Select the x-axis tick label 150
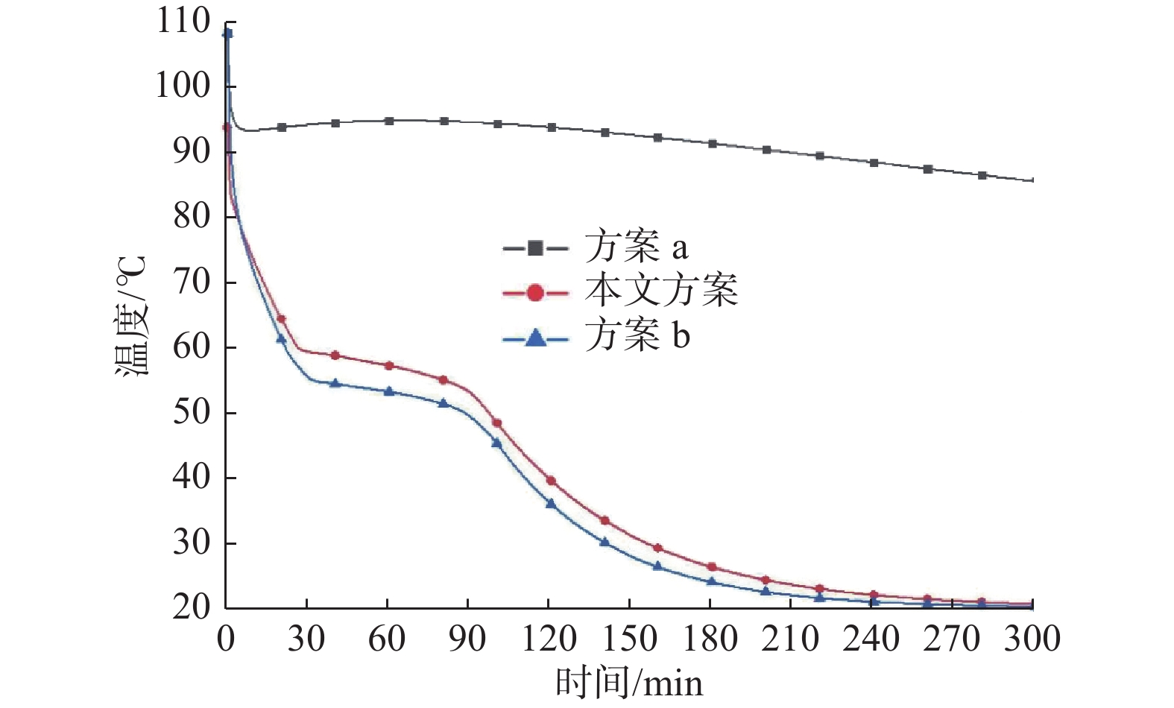pyautogui.click(x=629, y=639)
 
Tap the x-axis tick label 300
pyautogui.click(x=1032, y=639)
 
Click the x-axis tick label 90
pyautogui.click(x=467, y=639)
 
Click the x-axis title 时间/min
pyautogui.click(x=629, y=683)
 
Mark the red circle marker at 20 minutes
pyautogui.click(x=281, y=319)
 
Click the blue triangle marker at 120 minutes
pyautogui.click(x=551, y=504)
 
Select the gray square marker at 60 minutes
pyautogui.click(x=389, y=121)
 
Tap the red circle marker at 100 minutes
pyautogui.click(x=497, y=423)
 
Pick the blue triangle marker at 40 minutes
pyautogui.click(x=335, y=383)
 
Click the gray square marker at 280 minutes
pyautogui.click(x=982, y=175)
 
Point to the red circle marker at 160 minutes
pyautogui.click(x=657, y=548)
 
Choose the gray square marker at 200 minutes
pyautogui.click(x=766, y=150)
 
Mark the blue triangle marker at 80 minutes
pyautogui.click(x=443, y=403)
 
